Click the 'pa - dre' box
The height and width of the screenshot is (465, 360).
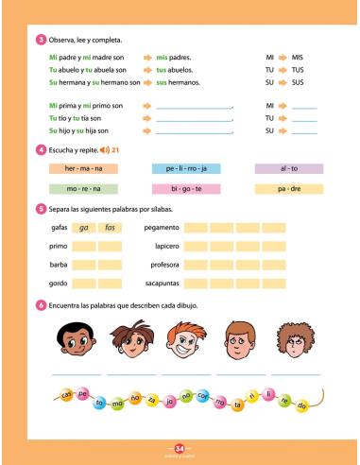[289, 189]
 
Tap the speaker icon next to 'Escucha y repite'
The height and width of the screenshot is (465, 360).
[104, 149]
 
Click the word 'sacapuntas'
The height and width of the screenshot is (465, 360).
[162, 283]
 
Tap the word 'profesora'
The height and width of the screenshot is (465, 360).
[163, 265]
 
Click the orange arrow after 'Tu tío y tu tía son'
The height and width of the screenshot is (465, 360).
[147, 117]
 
